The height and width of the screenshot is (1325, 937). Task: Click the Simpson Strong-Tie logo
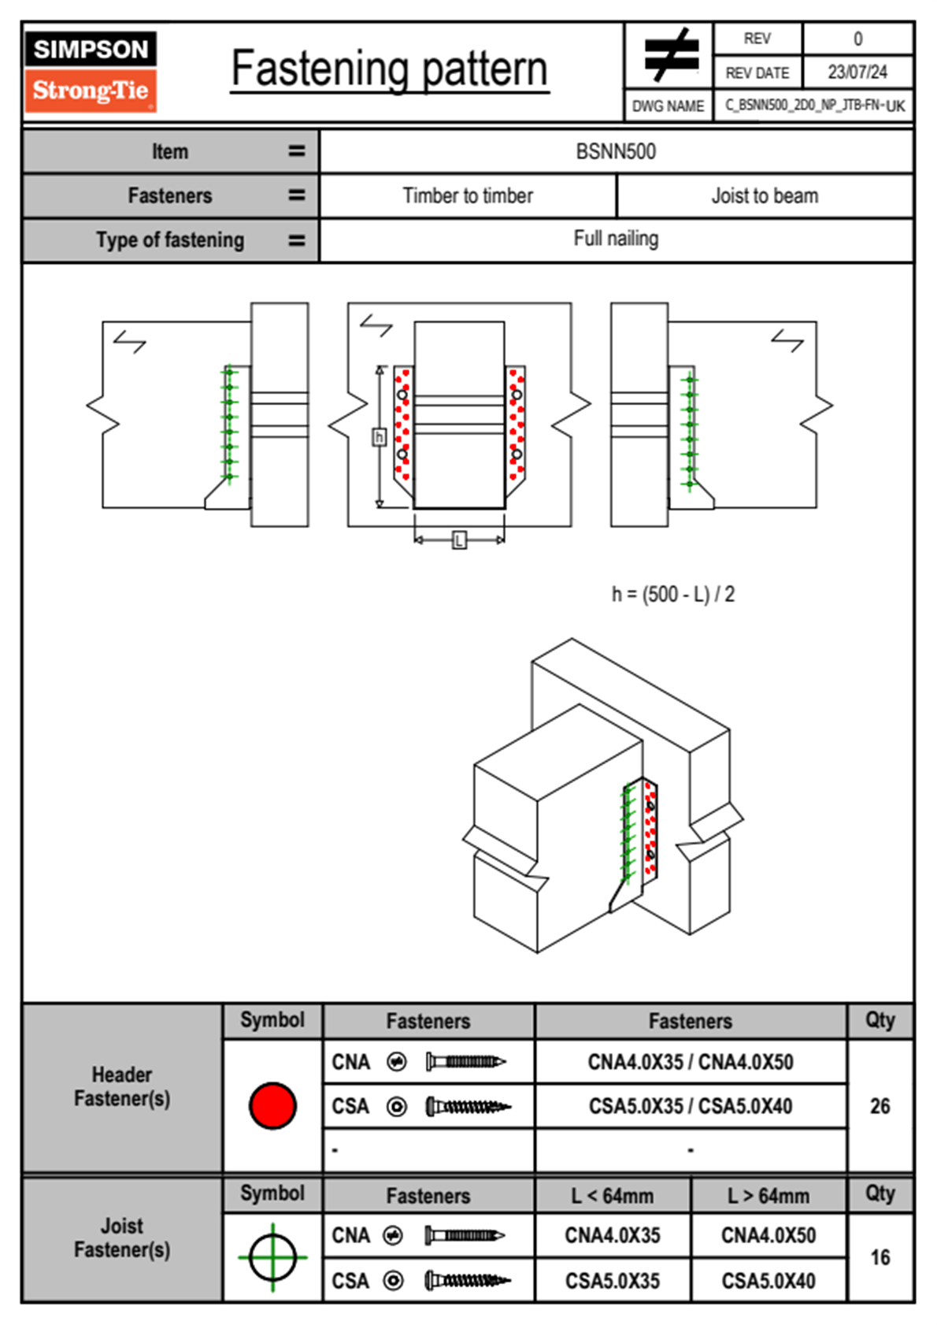[91, 71]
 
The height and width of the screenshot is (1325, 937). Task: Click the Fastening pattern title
[390, 69]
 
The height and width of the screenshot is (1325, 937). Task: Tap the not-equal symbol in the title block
[670, 55]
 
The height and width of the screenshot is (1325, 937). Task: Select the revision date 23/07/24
[857, 72]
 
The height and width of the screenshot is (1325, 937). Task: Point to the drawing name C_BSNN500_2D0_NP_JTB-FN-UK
[814, 106]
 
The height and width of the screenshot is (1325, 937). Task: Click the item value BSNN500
[616, 151]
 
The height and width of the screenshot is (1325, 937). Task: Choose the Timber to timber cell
[468, 195]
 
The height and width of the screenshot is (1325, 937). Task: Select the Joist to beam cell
[765, 195]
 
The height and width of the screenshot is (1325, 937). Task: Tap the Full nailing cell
[616, 239]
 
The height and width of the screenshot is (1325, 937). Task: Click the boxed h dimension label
[379, 436]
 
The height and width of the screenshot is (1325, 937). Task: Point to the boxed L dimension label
[459, 540]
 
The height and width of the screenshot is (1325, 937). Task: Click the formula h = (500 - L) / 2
[673, 594]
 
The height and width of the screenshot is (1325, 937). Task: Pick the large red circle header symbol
[272, 1106]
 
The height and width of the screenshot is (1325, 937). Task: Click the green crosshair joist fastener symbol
[272, 1257]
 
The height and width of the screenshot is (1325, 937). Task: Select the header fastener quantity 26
[880, 1106]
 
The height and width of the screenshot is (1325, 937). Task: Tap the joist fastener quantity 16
[880, 1257]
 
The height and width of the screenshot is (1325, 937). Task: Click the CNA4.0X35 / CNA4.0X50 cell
[691, 1062]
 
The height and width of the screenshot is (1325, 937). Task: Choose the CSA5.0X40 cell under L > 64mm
[768, 1281]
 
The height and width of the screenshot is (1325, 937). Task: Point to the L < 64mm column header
[613, 1196]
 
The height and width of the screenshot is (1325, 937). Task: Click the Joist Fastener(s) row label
[122, 1238]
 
